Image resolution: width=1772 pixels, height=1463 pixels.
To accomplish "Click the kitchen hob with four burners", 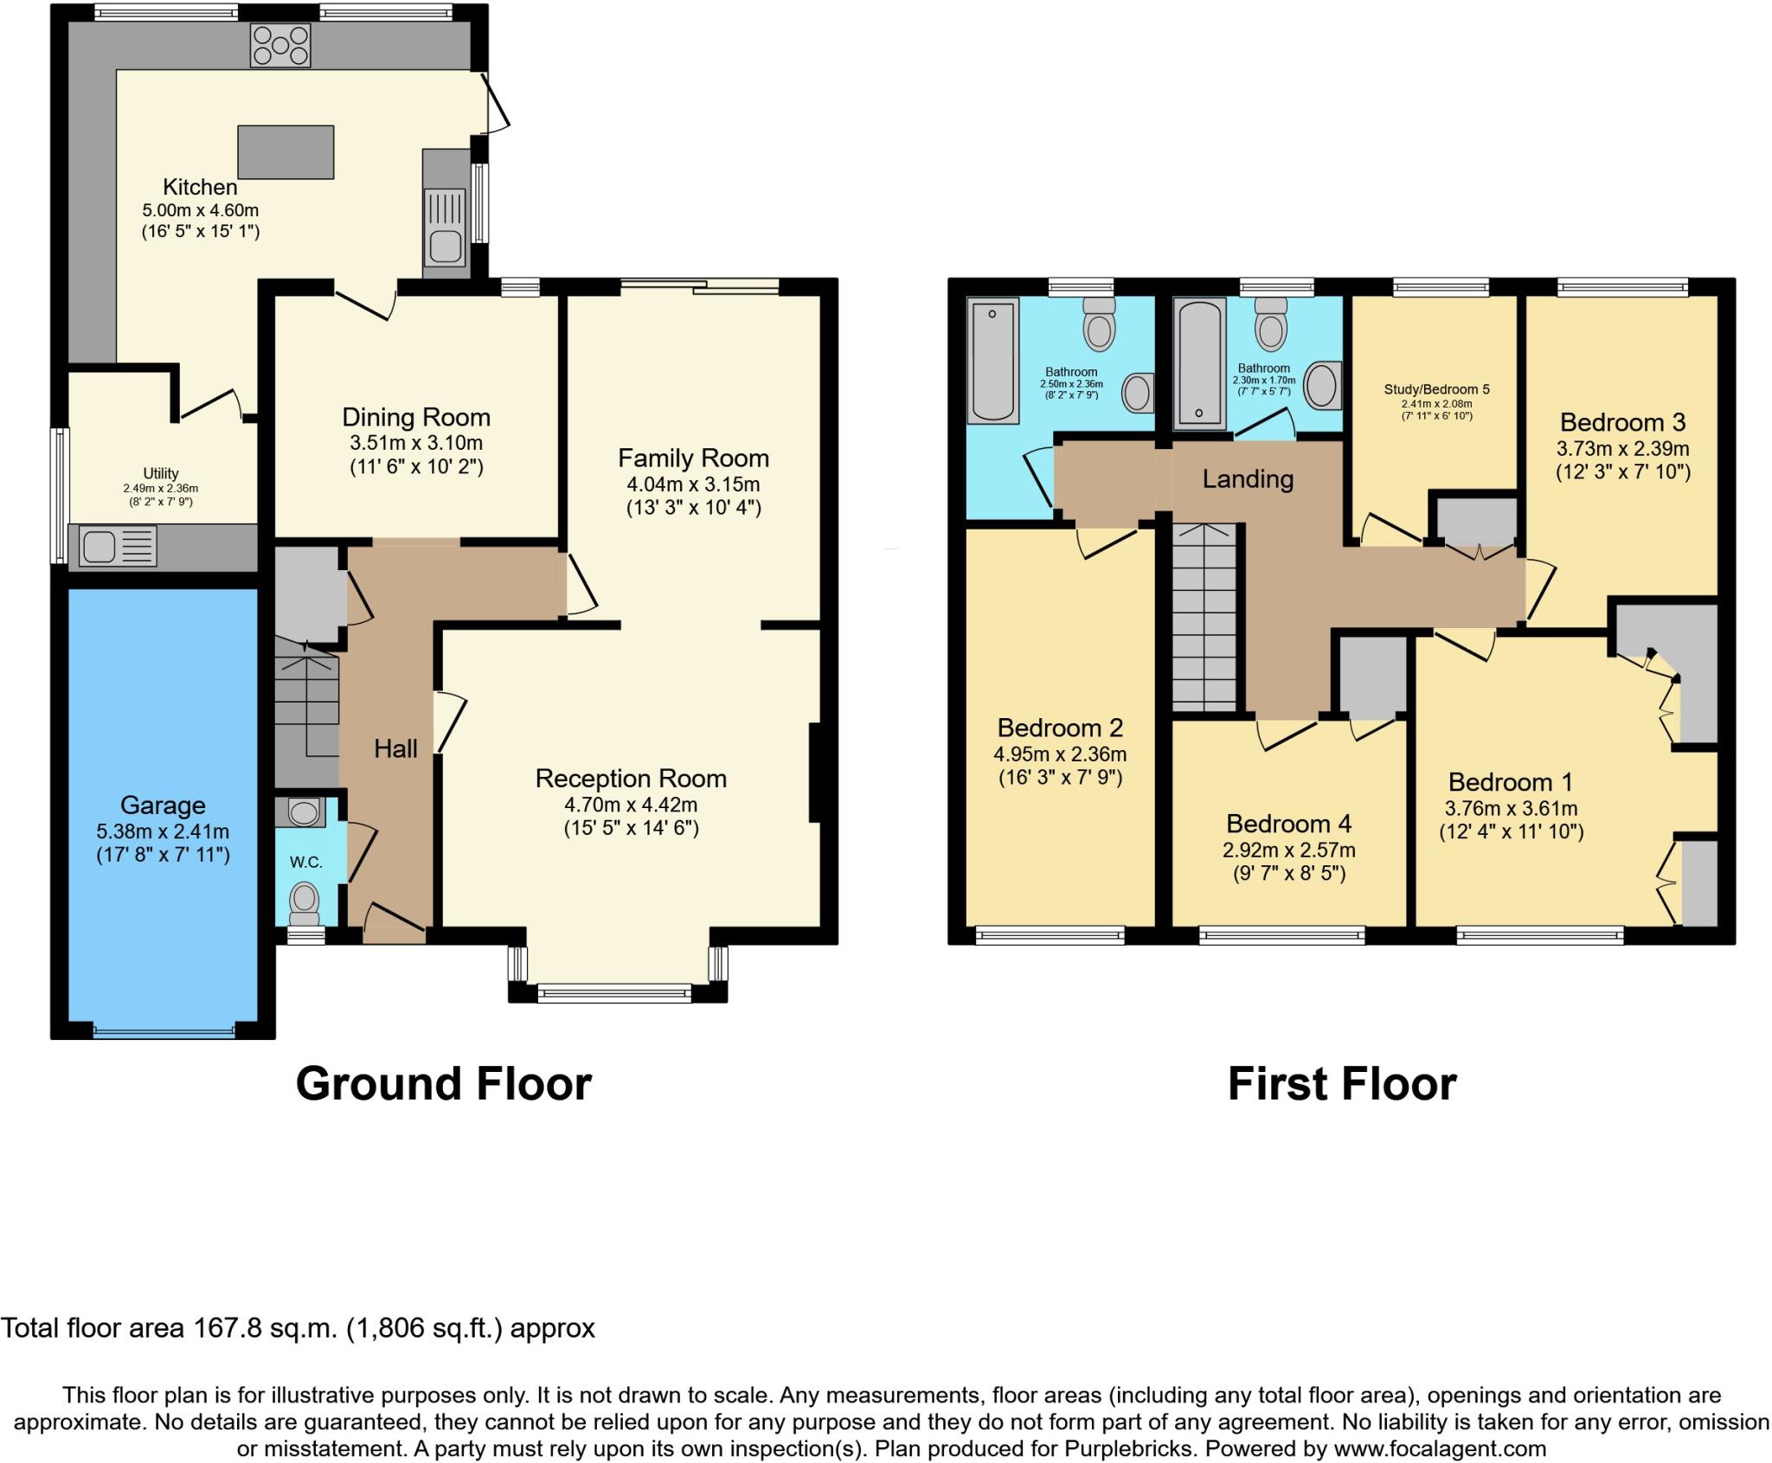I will (279, 46).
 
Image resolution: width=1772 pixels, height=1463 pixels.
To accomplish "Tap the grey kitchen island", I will (286, 152).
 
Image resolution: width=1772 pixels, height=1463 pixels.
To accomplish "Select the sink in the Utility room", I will (118, 548).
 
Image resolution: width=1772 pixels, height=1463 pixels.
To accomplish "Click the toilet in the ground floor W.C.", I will (304, 900).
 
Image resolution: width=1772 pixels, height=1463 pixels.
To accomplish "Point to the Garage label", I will (163, 805).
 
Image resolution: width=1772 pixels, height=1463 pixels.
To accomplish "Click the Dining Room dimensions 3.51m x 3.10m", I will (416, 444).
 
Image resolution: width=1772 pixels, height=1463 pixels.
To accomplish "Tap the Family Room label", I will (693, 458).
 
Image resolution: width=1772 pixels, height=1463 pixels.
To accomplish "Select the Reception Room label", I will (631, 778).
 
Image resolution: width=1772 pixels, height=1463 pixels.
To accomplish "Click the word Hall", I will (395, 748).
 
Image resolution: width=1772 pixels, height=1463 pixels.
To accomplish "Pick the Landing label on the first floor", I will (1248, 478).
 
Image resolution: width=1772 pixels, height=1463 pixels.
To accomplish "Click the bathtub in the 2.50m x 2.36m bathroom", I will (992, 360).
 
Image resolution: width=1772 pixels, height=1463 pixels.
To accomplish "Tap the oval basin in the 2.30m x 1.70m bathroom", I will (1321, 386).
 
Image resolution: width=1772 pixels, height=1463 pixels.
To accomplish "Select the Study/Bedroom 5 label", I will (1436, 389).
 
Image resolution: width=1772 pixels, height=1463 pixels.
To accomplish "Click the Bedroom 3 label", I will (1622, 422).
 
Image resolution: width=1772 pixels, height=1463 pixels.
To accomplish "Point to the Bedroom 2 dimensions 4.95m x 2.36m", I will (1060, 754).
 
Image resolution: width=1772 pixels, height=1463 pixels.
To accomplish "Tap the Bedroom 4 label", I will (1288, 823).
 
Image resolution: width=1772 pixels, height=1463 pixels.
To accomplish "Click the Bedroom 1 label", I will (1511, 782).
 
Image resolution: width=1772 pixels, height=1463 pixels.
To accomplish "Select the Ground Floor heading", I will (443, 1083).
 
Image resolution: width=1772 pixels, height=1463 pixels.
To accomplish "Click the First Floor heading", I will (1341, 1083).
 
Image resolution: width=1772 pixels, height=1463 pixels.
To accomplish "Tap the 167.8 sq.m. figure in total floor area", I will (264, 1328).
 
